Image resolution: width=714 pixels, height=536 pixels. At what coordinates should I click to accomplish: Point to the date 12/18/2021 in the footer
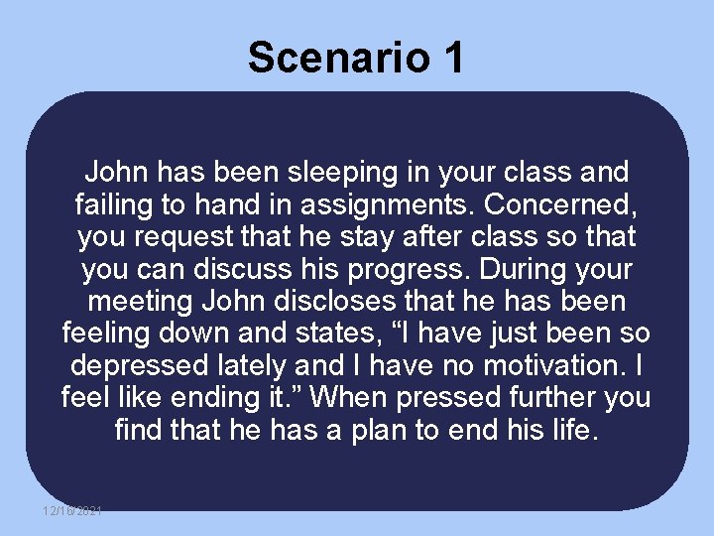tap(71, 510)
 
